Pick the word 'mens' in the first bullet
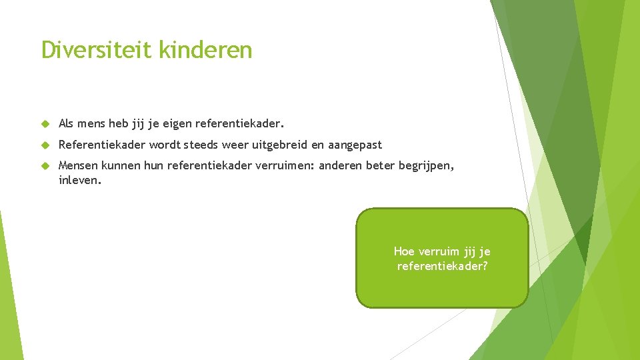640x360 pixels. (x=92, y=124)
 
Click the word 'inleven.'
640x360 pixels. (x=80, y=179)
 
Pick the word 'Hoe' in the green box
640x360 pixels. (x=404, y=251)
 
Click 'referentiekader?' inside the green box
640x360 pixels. (x=442, y=266)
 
